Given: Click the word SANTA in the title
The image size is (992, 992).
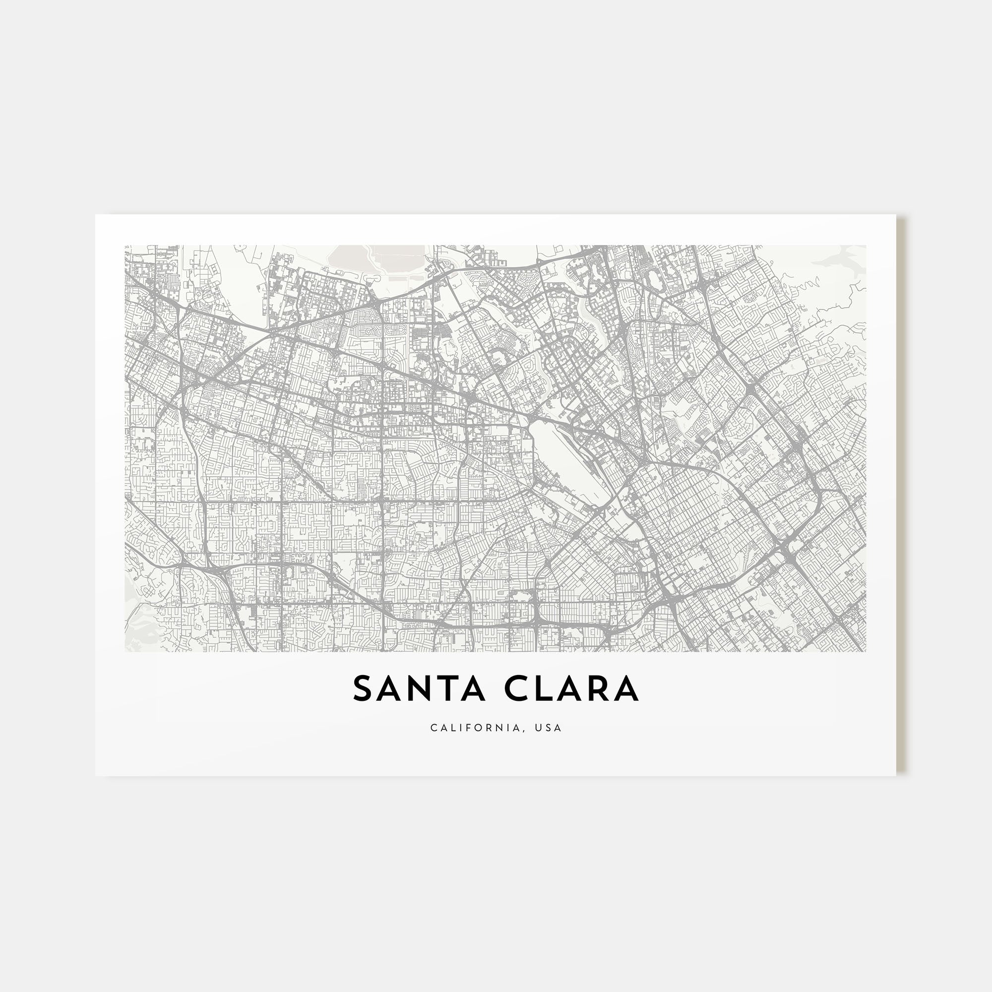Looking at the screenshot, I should click(x=419, y=689).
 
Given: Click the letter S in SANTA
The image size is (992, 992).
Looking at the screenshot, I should click(x=363, y=689).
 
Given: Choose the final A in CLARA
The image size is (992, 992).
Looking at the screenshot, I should click(x=627, y=689).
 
